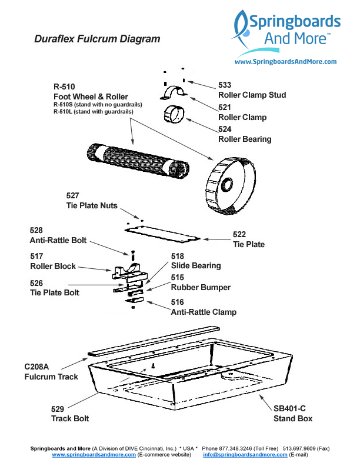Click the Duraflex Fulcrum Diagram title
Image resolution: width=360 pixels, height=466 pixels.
(x=97, y=39)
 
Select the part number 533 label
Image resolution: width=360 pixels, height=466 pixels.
(x=225, y=84)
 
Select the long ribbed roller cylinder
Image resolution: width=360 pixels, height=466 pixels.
(x=138, y=159)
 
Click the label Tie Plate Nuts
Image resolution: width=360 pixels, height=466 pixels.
(x=92, y=206)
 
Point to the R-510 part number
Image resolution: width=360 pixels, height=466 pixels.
(x=64, y=86)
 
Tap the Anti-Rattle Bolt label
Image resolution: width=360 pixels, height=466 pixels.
(x=58, y=241)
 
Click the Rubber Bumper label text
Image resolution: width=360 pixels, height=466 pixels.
(x=201, y=288)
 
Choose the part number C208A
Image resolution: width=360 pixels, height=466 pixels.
(x=36, y=367)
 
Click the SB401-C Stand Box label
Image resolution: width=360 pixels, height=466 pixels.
(x=292, y=414)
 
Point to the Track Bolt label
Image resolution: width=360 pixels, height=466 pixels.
(x=70, y=418)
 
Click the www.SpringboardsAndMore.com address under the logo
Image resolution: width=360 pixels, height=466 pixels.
(x=285, y=62)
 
